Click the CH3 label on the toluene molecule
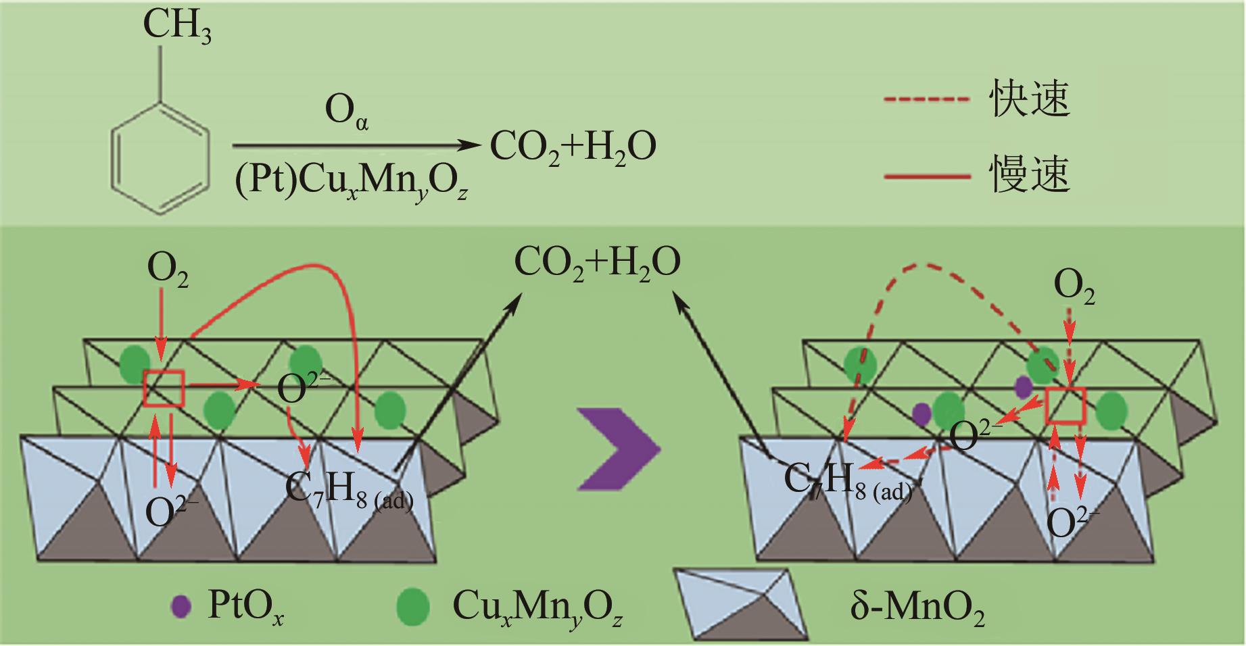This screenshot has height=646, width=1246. pos(177,28)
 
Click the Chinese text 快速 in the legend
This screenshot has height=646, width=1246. pos(1029,100)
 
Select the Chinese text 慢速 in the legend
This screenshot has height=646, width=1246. pos(1029,174)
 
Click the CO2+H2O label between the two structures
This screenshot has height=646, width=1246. pos(597,264)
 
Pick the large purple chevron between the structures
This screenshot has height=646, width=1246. pos(618,448)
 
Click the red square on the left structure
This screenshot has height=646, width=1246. pos(164,389)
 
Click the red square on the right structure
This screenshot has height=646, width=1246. pos(1065,406)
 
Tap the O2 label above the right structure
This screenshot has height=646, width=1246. pos(1074,289)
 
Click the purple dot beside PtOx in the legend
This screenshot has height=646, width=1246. pos(180,606)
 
